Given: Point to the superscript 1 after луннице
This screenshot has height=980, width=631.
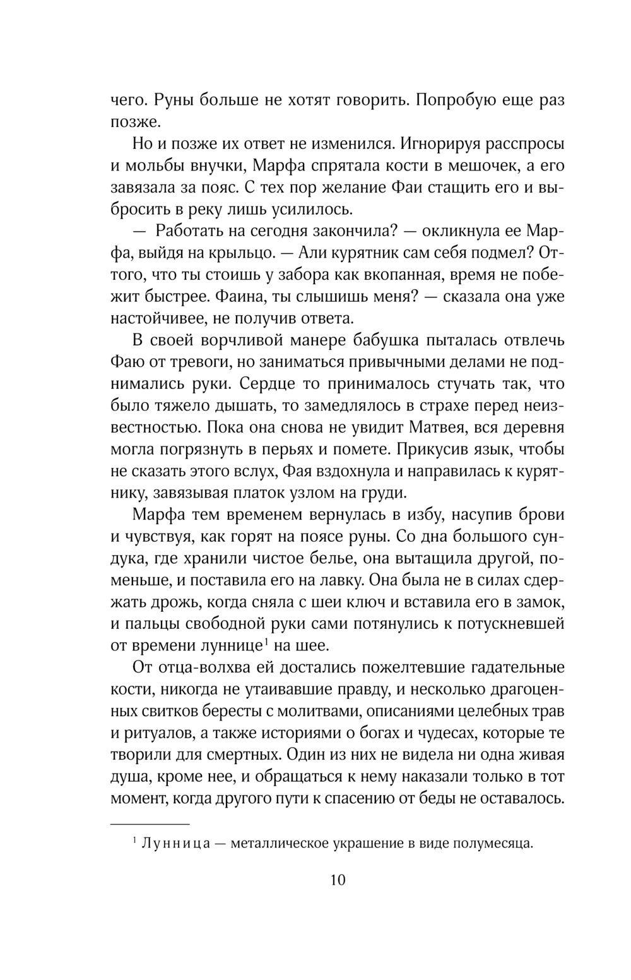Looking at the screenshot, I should click(x=267, y=642).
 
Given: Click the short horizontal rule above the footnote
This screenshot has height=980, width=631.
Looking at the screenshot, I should click(x=150, y=824).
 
